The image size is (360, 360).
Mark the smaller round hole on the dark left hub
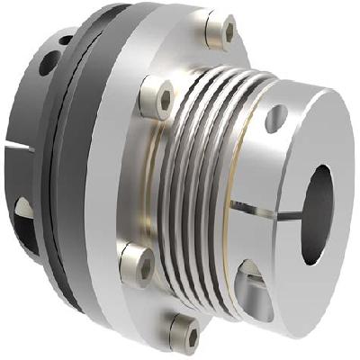[66, 40]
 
